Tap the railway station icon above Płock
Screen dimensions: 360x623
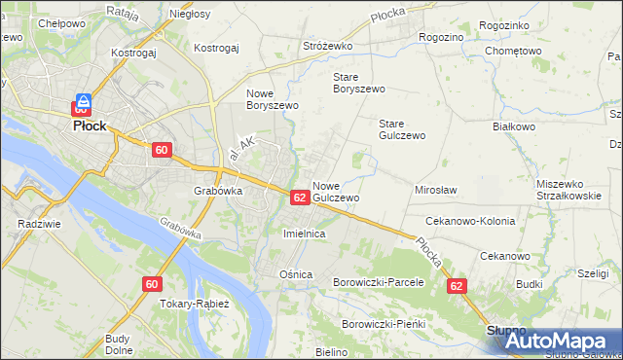tap(84, 100)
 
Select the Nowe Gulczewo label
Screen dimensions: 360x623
tap(337, 192)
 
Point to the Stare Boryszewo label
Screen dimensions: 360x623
tap(359, 82)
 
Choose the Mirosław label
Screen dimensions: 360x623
tap(436, 191)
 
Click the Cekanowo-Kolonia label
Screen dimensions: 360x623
tap(469, 222)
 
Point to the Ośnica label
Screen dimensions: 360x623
tap(296, 274)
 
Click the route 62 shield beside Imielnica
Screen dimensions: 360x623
tap(300, 198)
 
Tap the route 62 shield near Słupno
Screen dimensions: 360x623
tap(458, 287)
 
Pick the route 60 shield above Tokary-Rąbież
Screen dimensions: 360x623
tap(151, 284)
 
